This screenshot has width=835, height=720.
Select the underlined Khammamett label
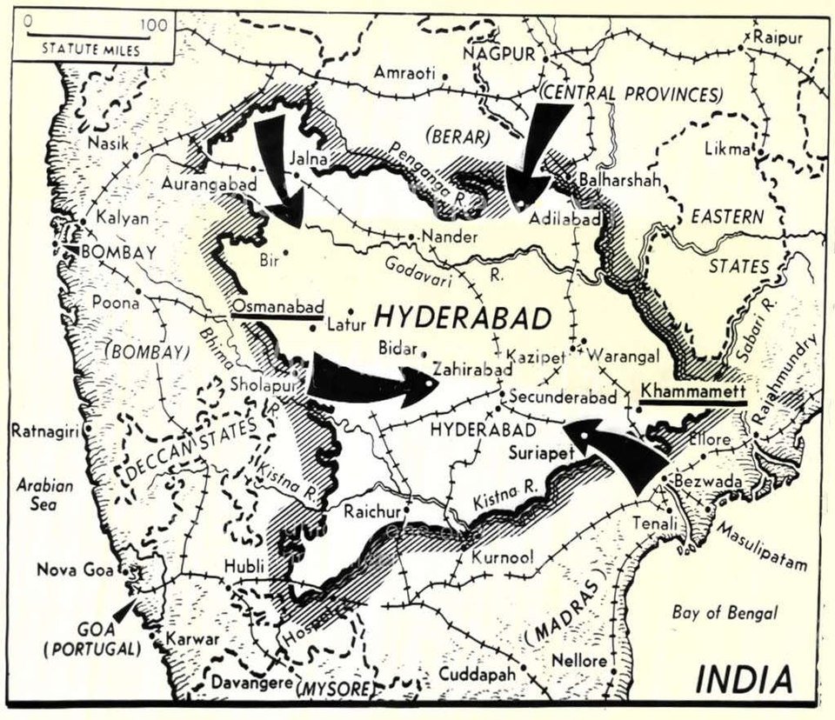(x=693, y=391)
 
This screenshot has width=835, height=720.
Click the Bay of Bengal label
(x=725, y=613)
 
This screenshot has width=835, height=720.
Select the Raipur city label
(x=778, y=37)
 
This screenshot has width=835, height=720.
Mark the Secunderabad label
(x=564, y=397)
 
